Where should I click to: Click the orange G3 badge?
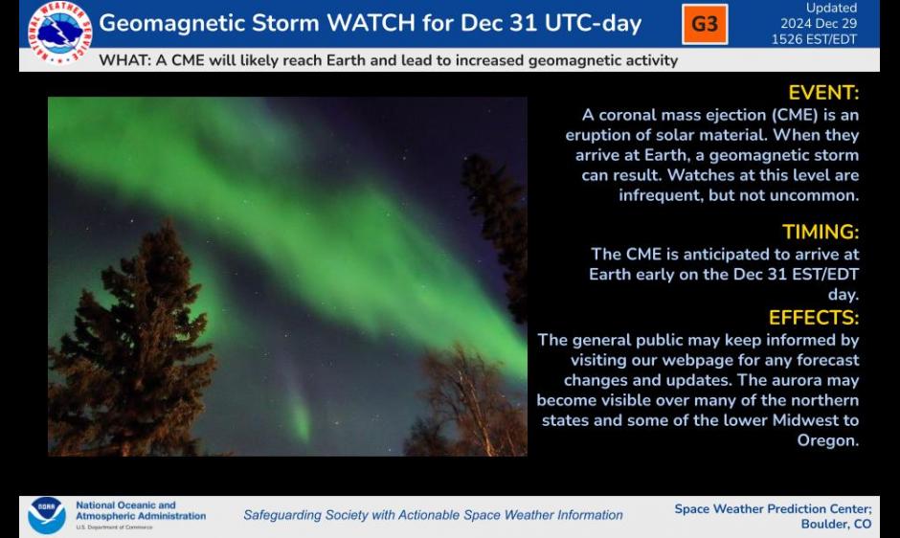(x=705, y=24)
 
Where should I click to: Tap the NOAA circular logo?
(x=47, y=515)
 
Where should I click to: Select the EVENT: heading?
(x=823, y=93)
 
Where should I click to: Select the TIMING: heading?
(x=821, y=232)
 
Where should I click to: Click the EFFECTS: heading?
(x=814, y=317)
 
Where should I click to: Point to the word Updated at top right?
(x=831, y=9)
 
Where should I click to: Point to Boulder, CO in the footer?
(x=836, y=524)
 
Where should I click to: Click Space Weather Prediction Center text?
(x=772, y=508)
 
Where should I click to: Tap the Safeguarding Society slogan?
(x=433, y=515)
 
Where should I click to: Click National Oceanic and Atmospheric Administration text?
(x=140, y=510)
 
